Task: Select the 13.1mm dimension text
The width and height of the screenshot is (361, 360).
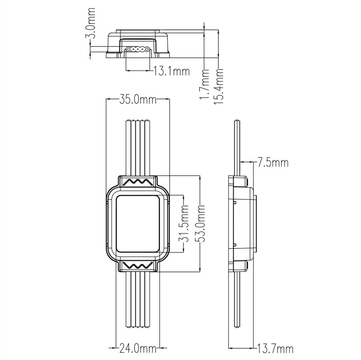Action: click(171, 71)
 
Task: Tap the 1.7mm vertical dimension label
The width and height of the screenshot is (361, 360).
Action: click(204, 84)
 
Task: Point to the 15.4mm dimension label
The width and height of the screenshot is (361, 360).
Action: click(218, 86)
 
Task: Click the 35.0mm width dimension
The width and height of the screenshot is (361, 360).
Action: click(138, 99)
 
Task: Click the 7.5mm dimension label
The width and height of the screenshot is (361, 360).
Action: click(273, 162)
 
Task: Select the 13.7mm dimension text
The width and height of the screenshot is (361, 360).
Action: click(275, 349)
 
